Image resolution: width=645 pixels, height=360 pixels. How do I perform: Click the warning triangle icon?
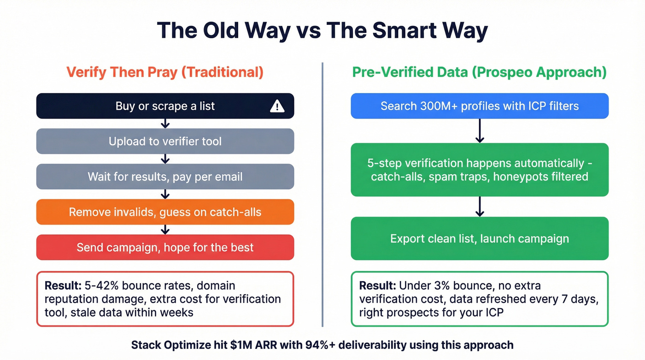[x=277, y=106]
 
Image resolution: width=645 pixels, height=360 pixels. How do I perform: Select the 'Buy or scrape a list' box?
[x=165, y=106]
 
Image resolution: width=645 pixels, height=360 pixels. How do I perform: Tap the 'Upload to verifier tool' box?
[x=165, y=141]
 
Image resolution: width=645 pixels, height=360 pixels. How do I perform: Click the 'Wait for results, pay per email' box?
[x=165, y=177]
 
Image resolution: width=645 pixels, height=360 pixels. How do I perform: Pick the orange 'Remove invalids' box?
[x=165, y=212]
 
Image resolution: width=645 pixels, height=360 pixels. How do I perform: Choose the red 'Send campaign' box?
[x=165, y=248]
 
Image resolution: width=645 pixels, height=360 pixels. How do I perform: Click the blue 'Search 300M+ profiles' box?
[x=480, y=106]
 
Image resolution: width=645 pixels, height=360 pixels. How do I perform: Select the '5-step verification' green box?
[x=480, y=170]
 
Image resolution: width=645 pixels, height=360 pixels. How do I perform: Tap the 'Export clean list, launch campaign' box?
[x=480, y=239]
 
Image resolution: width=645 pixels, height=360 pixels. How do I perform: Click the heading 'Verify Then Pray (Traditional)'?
[x=165, y=72]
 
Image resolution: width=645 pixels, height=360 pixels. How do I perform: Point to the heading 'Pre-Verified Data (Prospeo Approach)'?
[x=480, y=72]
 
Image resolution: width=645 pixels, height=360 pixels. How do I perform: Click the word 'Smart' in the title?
[x=405, y=31]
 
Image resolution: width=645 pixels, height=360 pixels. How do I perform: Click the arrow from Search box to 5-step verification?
[x=480, y=131]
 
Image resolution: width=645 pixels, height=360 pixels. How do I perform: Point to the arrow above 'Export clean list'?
[x=480, y=207]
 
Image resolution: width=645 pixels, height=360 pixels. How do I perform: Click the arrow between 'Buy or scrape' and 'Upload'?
[x=165, y=124]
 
